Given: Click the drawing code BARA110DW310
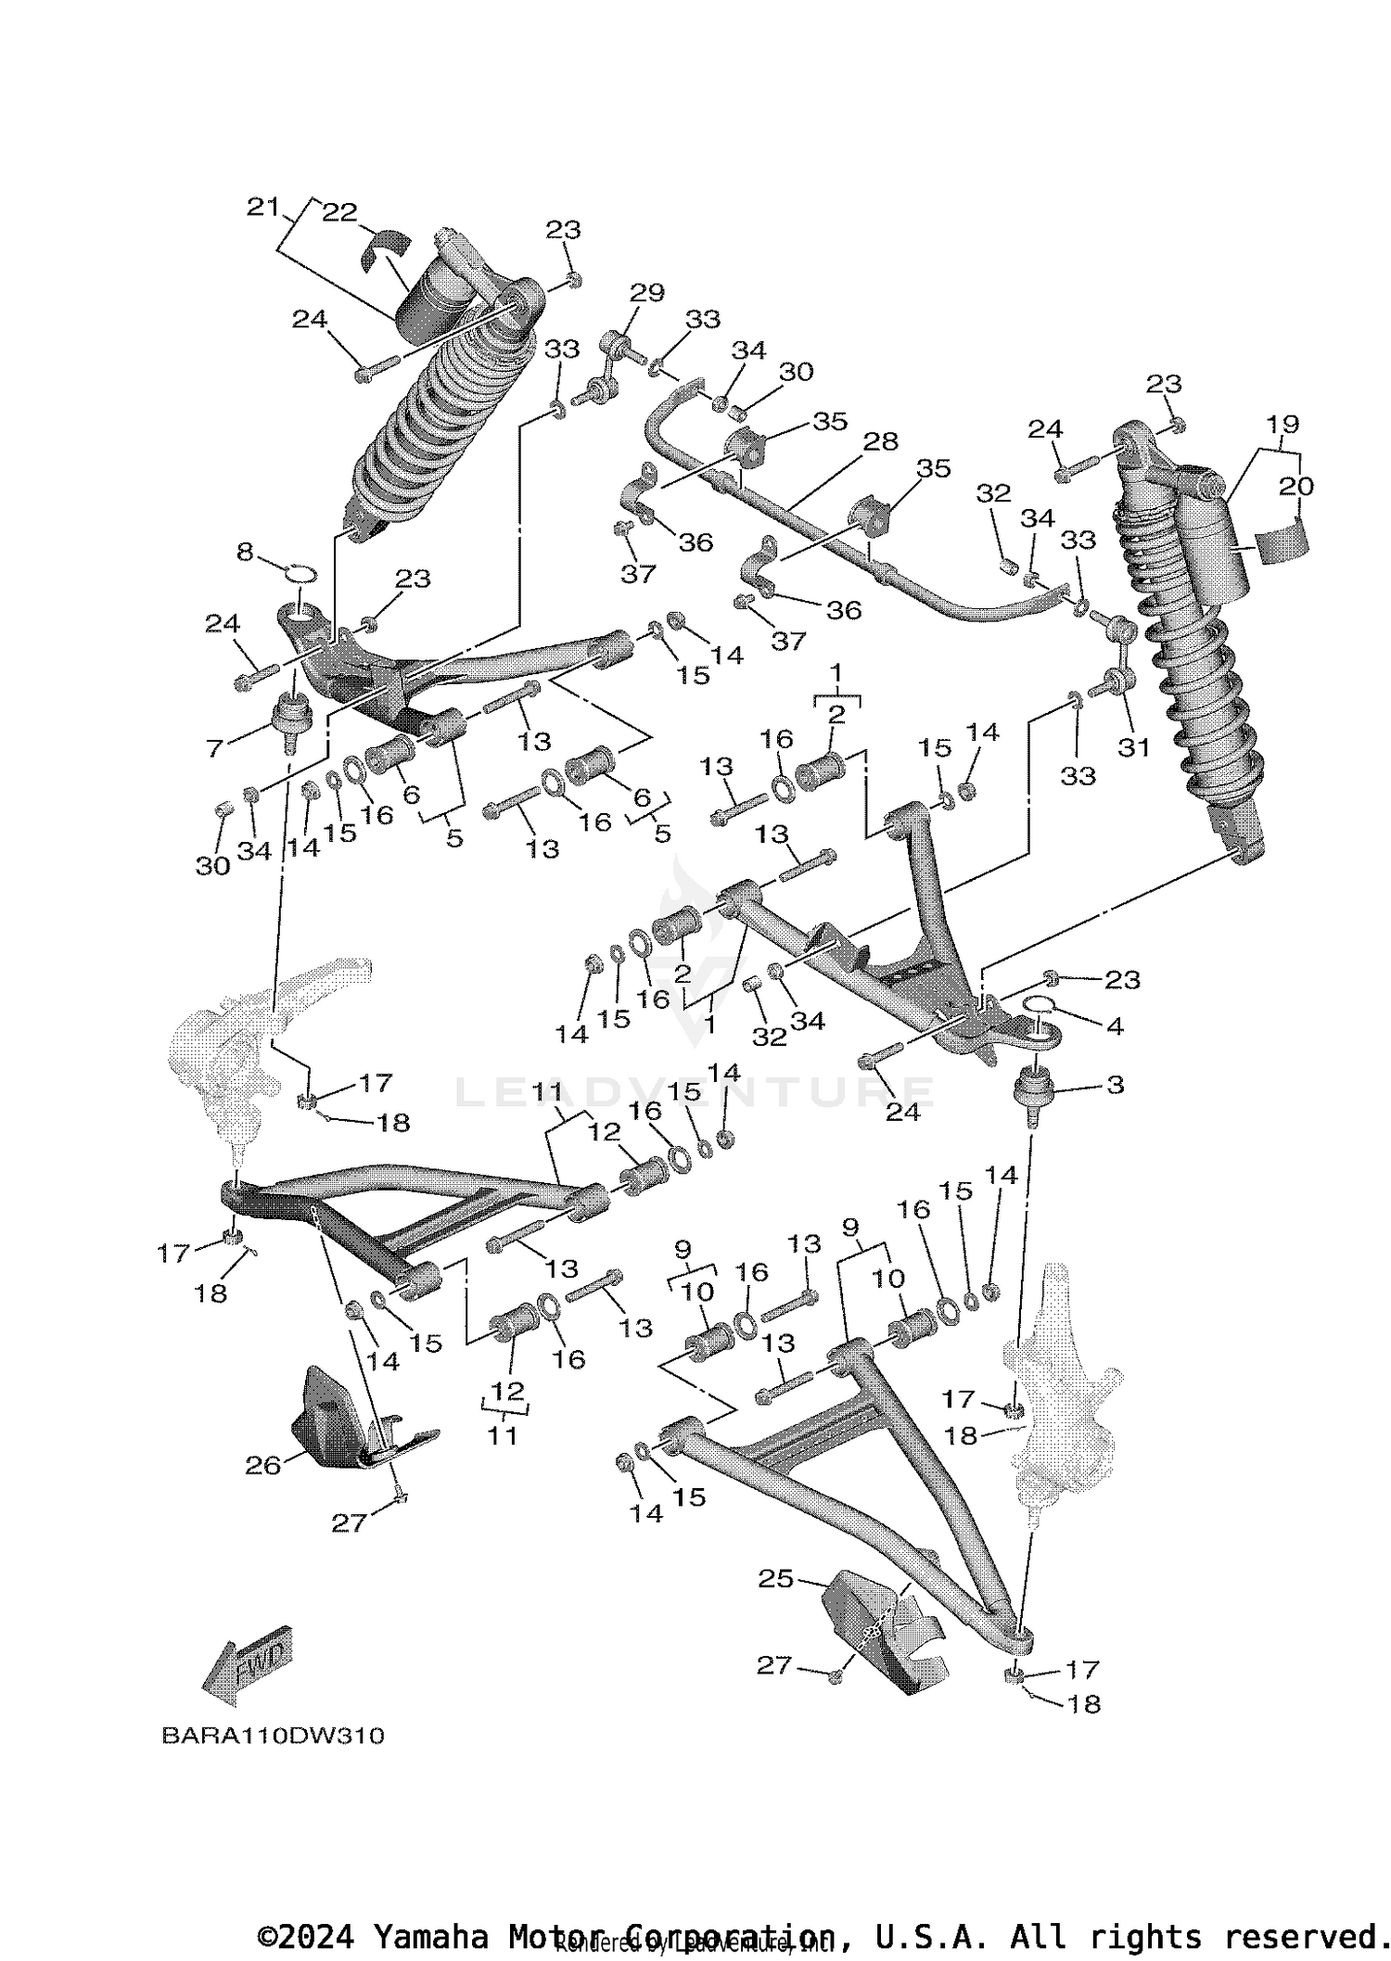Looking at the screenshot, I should tap(273, 1736).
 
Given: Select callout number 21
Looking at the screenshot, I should tap(263, 207).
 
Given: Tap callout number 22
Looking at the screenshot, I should tap(339, 212).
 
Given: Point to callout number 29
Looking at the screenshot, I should tap(647, 293).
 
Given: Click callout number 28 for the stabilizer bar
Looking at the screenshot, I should tap(880, 441).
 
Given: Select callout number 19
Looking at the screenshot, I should tap(1283, 425).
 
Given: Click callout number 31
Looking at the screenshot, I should tap(1133, 747).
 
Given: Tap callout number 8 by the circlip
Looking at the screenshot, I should tap(245, 553).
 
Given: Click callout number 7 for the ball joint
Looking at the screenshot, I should tap(215, 747).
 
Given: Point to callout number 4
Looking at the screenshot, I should tap(1116, 1025).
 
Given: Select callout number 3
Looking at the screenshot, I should tap(1116, 1084).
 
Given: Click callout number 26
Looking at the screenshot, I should tap(262, 1465).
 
